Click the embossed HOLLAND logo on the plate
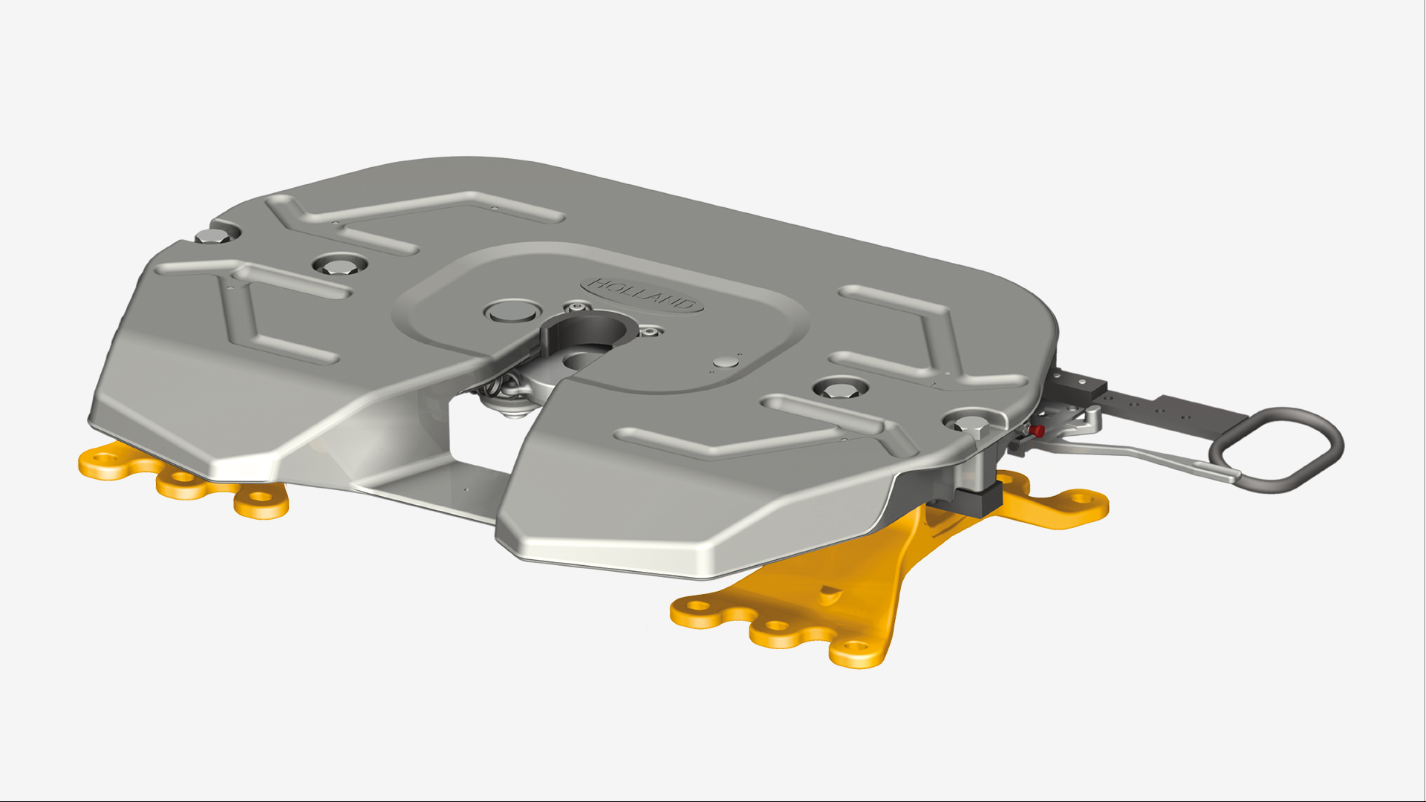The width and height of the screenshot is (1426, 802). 643,295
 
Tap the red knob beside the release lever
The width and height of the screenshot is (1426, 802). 1038,431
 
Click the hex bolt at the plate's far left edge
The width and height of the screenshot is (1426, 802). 213,237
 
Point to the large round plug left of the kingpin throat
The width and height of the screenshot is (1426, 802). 511,310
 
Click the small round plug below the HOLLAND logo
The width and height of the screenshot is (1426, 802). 724,362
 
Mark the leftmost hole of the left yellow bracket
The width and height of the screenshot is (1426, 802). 104,460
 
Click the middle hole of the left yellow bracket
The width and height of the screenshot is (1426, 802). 180,483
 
